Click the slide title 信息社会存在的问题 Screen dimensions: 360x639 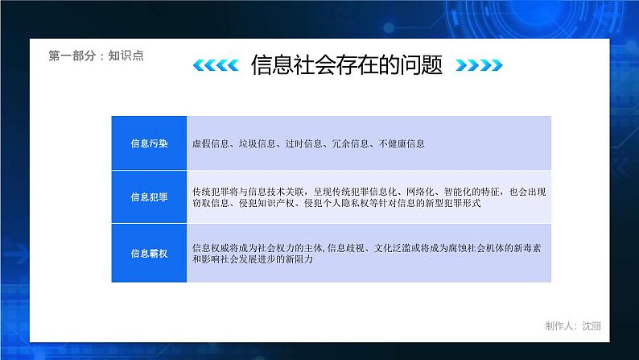346,65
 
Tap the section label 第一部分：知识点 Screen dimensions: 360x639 96,56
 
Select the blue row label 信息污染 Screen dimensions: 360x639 149,143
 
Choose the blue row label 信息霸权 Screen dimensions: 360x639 149,254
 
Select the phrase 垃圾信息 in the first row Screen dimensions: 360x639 258,143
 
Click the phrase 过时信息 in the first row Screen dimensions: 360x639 303,143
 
